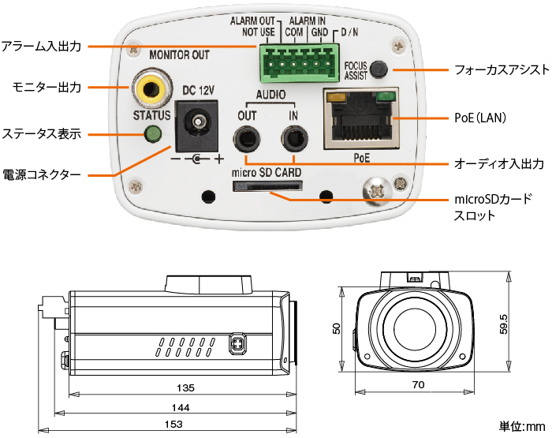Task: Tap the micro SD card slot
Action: coord(267,186)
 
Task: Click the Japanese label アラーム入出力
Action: coord(42,47)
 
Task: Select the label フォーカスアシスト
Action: coord(502,69)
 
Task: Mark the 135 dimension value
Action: coord(185,387)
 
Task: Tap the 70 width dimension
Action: coord(418,385)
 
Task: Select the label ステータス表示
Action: coord(42,133)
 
